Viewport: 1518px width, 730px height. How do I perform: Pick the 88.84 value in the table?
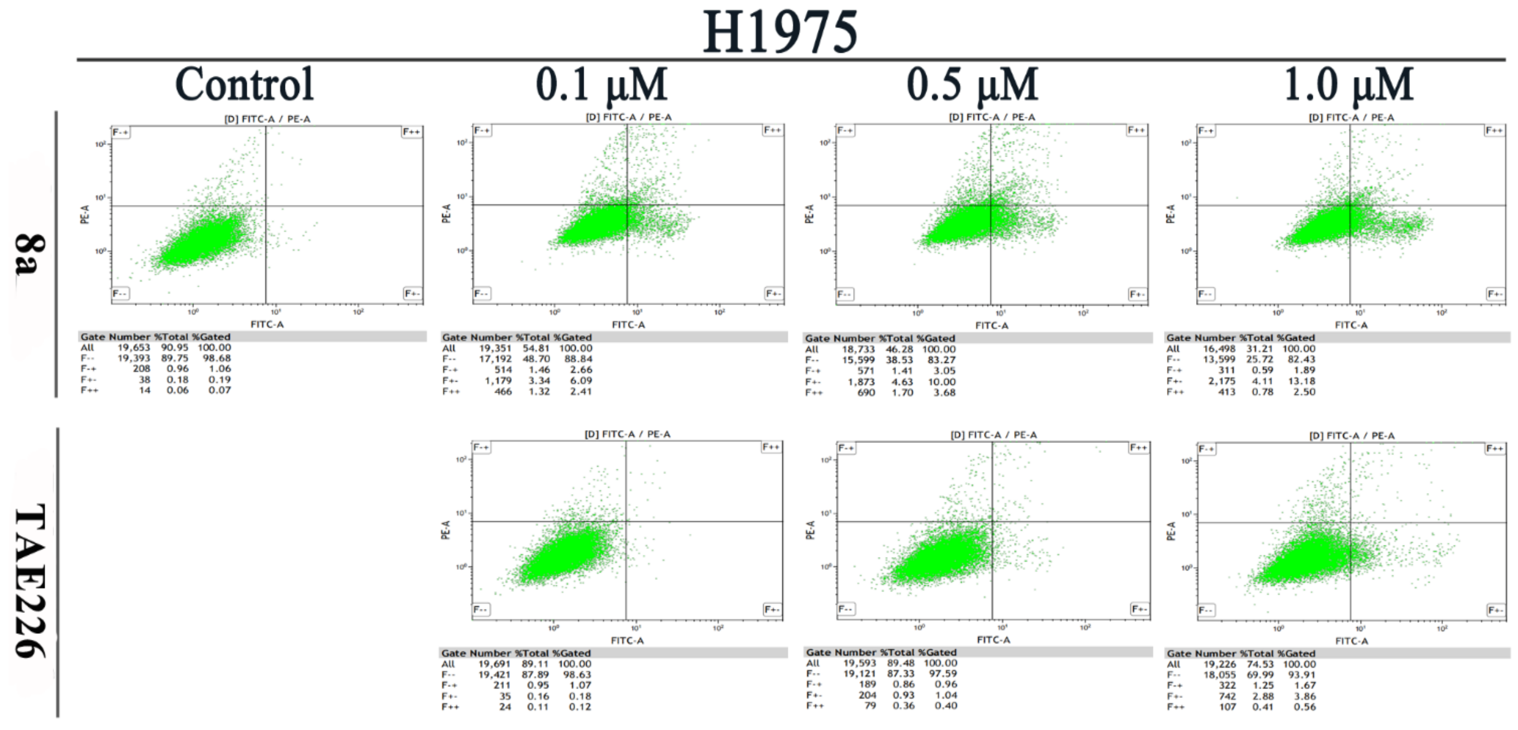[x=577, y=359]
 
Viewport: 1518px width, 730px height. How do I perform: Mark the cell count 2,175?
[x=1221, y=381]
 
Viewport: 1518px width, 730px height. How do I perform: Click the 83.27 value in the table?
[x=941, y=360]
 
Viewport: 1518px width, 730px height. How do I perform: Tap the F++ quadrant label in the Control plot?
[x=411, y=131]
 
